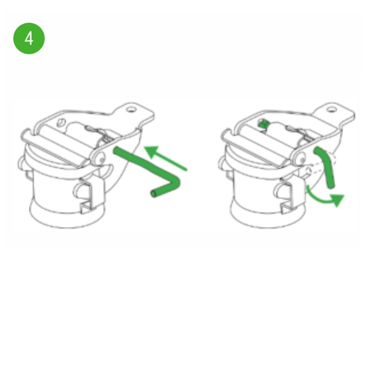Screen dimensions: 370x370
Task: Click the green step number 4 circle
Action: (x=29, y=38)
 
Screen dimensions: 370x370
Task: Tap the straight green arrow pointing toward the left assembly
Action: (x=166, y=157)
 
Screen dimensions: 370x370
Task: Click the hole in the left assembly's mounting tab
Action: (x=131, y=110)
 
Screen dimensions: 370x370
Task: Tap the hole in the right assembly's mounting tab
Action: (x=332, y=110)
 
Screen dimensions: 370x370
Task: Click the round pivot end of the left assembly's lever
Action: (x=98, y=158)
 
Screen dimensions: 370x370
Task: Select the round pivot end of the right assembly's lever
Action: (x=298, y=158)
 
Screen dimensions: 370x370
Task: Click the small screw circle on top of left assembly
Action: (x=62, y=122)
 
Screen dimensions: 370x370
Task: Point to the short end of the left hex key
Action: (x=163, y=190)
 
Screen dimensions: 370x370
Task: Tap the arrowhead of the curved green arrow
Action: (x=338, y=200)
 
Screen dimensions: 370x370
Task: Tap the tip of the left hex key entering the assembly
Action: (x=117, y=150)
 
